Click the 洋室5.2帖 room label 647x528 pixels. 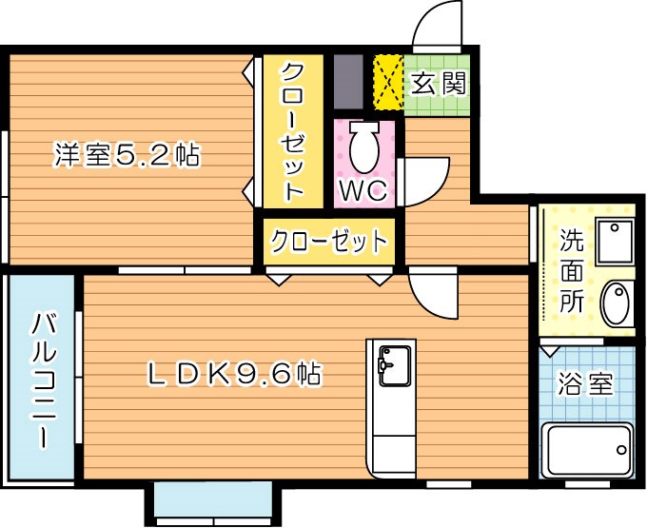pyautogui.click(x=126, y=155)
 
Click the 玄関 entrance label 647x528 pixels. pyautogui.click(x=439, y=84)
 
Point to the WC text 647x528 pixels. pyautogui.click(x=363, y=190)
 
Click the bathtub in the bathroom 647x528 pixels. pyautogui.click(x=586, y=449)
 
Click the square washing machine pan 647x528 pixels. pyautogui.click(x=614, y=241)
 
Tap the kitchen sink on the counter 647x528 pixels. pyautogui.click(x=391, y=362)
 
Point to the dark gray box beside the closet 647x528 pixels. pyautogui.click(x=348, y=82)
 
